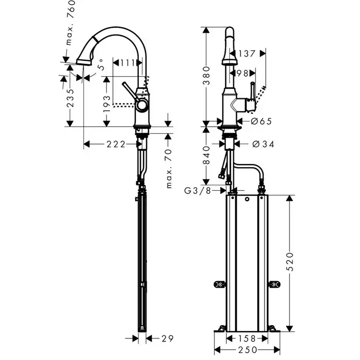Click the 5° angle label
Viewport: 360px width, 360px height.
[101, 65]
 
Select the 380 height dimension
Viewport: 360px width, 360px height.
[206, 76]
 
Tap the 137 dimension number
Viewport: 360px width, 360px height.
[247, 52]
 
